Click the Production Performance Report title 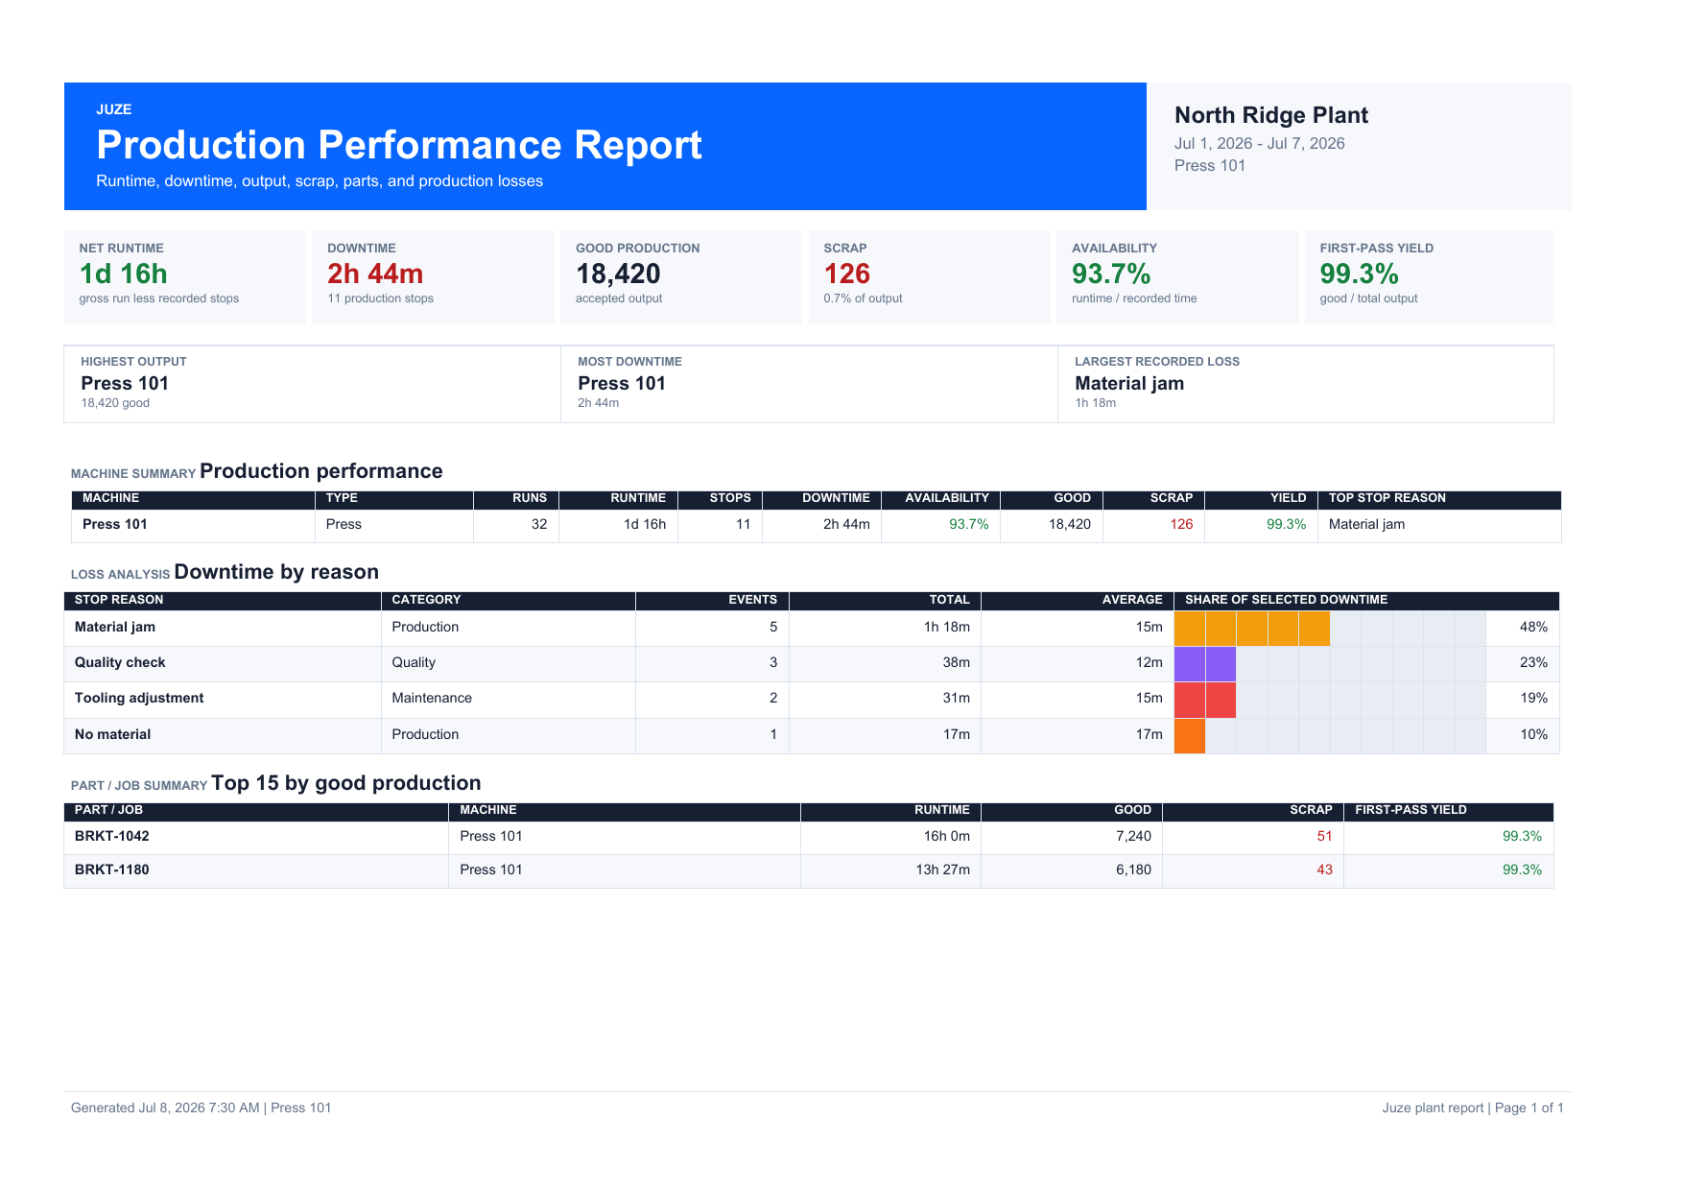point(399,145)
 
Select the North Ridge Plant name point(1271,115)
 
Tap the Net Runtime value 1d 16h point(124,274)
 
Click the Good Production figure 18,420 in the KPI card point(618,274)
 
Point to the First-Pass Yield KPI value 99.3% point(1360,274)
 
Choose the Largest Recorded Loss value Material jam point(1129,383)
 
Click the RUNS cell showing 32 point(539,524)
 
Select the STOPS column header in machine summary point(730,498)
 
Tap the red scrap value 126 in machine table point(1181,524)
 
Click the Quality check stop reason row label point(120,662)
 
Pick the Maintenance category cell point(432,698)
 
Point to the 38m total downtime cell point(956,662)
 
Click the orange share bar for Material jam point(1252,628)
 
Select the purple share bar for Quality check point(1205,664)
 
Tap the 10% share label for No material point(1533,734)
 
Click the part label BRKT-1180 point(112,869)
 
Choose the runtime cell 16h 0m point(947,836)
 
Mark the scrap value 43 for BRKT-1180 point(1324,869)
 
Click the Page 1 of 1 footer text point(1529,1108)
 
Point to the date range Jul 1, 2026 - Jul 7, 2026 point(1260,143)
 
